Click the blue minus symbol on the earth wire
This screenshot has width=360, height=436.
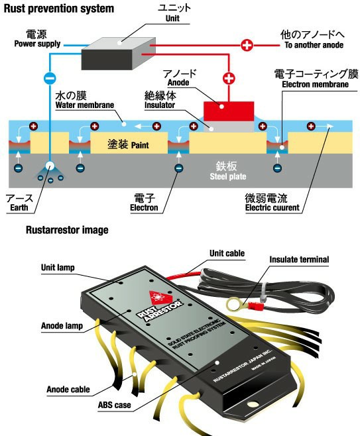[x=50, y=78]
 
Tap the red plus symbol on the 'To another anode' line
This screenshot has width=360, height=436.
[x=247, y=45]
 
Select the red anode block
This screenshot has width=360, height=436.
[x=229, y=111]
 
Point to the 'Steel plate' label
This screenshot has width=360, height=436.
[x=228, y=176]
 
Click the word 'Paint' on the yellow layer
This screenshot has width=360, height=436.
[x=140, y=145]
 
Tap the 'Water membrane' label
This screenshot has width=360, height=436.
[x=85, y=105]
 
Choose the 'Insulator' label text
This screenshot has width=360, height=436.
[x=160, y=105]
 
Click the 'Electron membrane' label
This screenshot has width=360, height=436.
[x=315, y=84]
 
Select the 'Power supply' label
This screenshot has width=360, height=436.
[x=37, y=44]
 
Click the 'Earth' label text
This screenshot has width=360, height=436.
[x=19, y=207]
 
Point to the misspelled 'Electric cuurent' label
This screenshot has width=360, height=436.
[x=272, y=207]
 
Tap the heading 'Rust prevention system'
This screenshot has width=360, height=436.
[x=59, y=9]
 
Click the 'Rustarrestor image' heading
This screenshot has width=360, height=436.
[x=67, y=230]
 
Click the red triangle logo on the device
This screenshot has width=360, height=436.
[x=159, y=298]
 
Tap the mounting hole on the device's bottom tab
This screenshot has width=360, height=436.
[x=253, y=404]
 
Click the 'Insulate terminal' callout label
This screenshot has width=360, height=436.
[x=299, y=260]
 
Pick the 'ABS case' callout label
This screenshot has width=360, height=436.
[x=114, y=405]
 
